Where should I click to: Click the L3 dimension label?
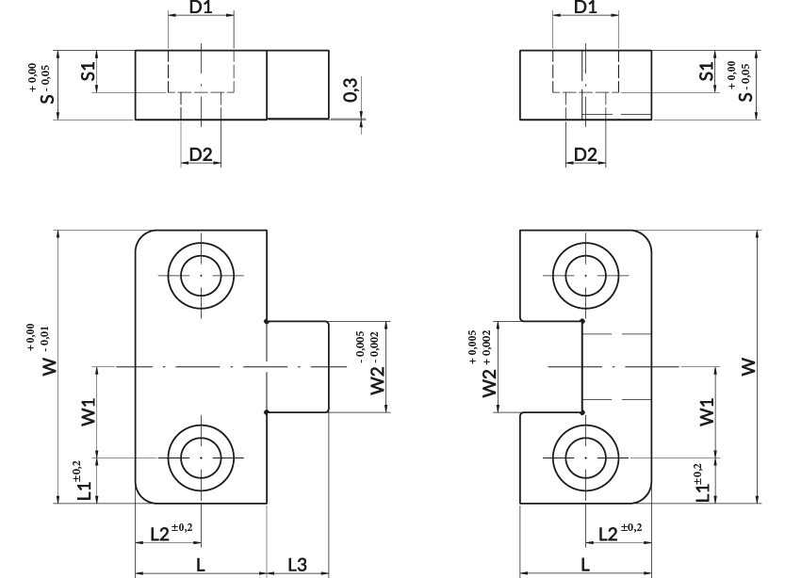(298, 565)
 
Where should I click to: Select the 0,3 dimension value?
(352, 90)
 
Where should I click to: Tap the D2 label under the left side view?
(201, 154)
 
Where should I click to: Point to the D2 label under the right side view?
(585, 154)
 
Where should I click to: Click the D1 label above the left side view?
(201, 7)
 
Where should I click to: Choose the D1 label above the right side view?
(585, 7)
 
